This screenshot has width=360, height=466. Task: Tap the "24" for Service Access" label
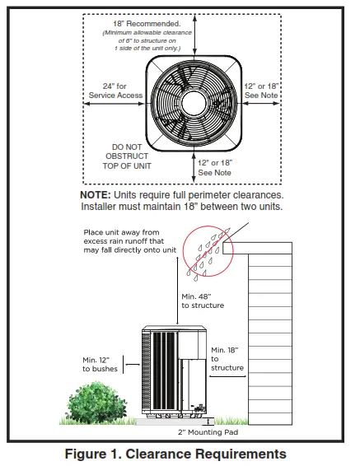tap(115, 91)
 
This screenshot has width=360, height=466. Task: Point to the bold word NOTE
tap(100, 195)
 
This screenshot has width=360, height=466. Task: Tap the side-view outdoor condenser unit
tap(175, 371)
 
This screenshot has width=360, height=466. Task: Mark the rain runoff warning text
tap(131, 240)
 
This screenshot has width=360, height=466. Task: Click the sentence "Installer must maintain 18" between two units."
tap(180, 207)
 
